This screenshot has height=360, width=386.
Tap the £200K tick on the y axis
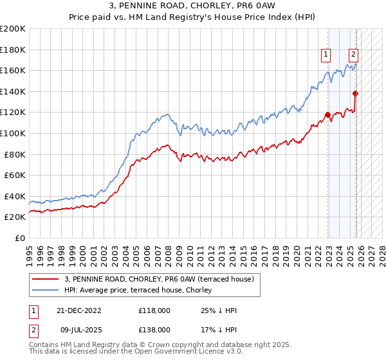coord(13,29)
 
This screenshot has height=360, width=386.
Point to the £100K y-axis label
coord(13,133)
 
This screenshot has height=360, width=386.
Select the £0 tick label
coord(19,238)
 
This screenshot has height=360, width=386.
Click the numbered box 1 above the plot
coord(327,55)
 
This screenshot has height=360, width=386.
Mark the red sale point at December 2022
coord(328,115)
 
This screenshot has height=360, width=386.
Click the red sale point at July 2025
coord(355,94)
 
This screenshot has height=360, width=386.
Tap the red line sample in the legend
coord(46,279)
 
